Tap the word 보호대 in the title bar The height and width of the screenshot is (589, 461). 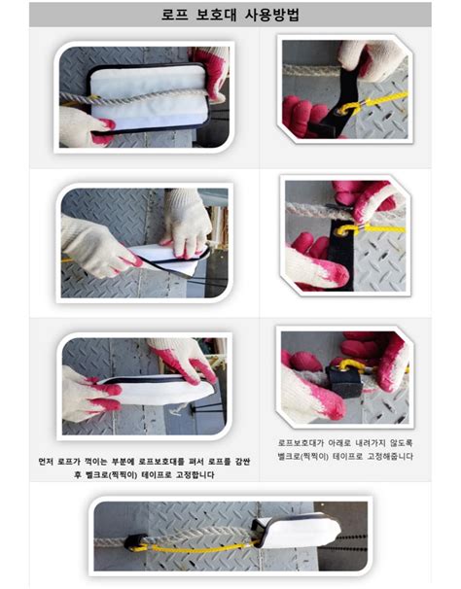pyautogui.click(x=216, y=15)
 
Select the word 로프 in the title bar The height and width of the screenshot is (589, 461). pyautogui.click(x=174, y=15)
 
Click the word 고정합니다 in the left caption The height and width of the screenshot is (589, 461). pyautogui.click(x=195, y=475)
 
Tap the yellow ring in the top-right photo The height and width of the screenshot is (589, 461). pyautogui.click(x=346, y=109)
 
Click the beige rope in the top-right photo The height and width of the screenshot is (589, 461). pyautogui.click(x=311, y=70)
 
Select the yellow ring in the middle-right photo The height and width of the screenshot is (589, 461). pyautogui.click(x=346, y=230)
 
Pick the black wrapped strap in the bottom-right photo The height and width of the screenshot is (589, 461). pyautogui.click(x=344, y=381)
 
